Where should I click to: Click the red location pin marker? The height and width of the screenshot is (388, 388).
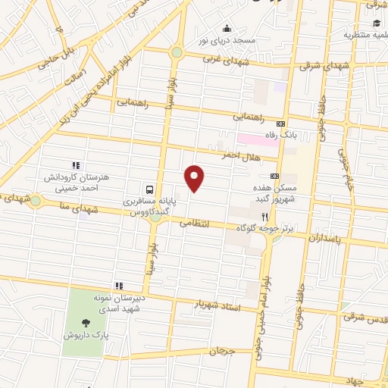195,178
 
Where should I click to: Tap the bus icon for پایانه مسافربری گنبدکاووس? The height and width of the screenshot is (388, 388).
149,189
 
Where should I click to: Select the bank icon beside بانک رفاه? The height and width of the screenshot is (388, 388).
281,124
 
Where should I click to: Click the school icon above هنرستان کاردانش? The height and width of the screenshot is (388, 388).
76,165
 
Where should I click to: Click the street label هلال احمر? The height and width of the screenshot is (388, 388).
236,155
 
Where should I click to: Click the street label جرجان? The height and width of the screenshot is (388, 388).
223,352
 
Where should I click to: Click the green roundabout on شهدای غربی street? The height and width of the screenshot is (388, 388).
177,52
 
